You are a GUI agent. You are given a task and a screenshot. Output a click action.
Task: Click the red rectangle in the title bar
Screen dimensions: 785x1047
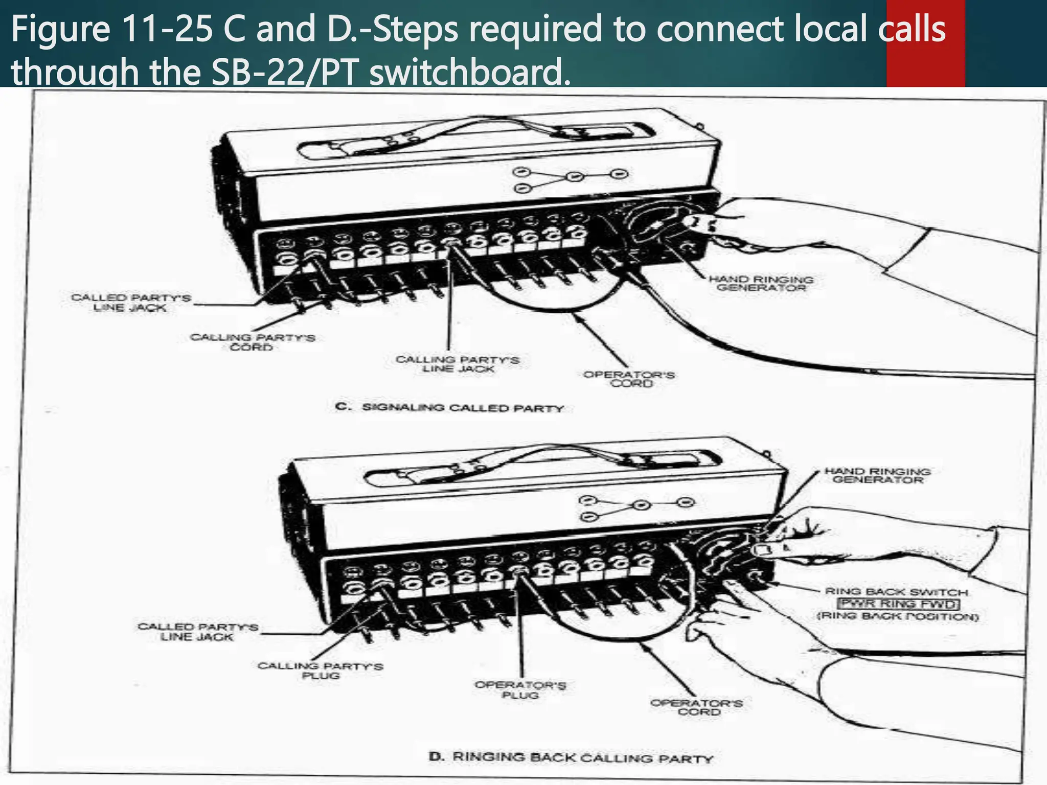pyautogui.click(x=925, y=43)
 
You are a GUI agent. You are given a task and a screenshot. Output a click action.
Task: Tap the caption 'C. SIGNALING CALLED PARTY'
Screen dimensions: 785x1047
pyautogui.click(x=450, y=408)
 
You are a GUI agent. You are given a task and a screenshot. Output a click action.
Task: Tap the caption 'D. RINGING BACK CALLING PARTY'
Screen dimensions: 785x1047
pyautogui.click(x=571, y=757)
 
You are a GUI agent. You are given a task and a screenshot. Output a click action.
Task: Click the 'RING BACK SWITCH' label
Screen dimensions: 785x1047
pyautogui.click(x=897, y=592)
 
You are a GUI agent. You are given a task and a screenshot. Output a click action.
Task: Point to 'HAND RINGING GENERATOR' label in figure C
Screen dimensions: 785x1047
pyautogui.click(x=761, y=284)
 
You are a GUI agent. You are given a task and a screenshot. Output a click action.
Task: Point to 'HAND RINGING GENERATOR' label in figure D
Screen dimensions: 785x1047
pyautogui.click(x=877, y=475)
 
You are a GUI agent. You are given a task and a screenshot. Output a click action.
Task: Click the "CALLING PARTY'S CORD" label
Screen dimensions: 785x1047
pyautogui.click(x=252, y=342)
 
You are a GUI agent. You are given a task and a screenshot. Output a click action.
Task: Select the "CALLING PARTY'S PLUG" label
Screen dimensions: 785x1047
pyautogui.click(x=320, y=671)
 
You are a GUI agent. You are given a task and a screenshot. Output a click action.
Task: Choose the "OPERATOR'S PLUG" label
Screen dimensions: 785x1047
pyautogui.click(x=520, y=690)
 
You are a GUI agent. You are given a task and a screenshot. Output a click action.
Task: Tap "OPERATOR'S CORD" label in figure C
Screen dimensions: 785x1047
pyautogui.click(x=629, y=379)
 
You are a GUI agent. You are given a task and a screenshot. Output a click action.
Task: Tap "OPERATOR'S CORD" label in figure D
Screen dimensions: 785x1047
pyautogui.click(x=697, y=707)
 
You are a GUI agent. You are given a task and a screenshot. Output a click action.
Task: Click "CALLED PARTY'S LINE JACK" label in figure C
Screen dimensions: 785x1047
pyautogui.click(x=130, y=303)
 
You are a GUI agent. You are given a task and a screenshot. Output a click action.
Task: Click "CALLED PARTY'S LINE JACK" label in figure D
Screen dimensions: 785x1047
pyautogui.click(x=197, y=632)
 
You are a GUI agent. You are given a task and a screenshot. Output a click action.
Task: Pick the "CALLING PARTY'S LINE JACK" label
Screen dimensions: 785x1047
pyautogui.click(x=458, y=364)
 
